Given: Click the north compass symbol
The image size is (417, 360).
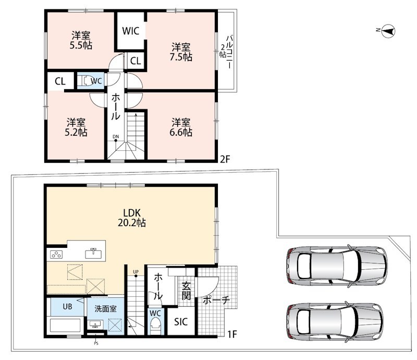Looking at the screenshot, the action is pyautogui.click(x=388, y=31).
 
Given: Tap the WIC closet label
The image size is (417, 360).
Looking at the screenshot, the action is pyautogui.click(x=131, y=31).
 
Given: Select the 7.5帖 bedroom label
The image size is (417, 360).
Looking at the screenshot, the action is pyautogui.click(x=181, y=52).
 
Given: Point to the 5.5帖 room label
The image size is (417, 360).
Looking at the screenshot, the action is pyautogui.click(x=81, y=41).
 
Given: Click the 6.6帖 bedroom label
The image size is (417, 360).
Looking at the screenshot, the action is pyautogui.click(x=181, y=127).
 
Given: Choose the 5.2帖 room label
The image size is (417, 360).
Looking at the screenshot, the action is pyautogui.click(x=76, y=127).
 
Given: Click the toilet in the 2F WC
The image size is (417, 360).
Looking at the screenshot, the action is pyautogui.click(x=85, y=81).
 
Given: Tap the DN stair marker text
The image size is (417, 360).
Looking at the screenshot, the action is pyautogui.click(x=115, y=137).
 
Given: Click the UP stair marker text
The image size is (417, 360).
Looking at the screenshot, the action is pyautogui.click(x=136, y=272).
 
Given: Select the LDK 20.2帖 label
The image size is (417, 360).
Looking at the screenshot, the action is pyautogui.click(x=132, y=218).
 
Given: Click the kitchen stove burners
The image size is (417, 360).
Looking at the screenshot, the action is pyautogui.click(x=56, y=255).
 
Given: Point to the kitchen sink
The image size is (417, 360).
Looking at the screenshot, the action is pyautogui.click(x=93, y=253).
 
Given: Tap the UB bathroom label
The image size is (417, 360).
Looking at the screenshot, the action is pyautogui.click(x=68, y=306).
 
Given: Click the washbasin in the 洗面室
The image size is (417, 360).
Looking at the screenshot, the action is pyautogui.click(x=95, y=325).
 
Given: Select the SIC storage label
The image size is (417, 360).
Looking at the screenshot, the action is pyautogui.click(x=181, y=322).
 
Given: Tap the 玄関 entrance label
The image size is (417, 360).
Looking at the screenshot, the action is pyautogui.click(x=186, y=291).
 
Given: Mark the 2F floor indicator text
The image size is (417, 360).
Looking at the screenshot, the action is pyautogui.click(x=225, y=159).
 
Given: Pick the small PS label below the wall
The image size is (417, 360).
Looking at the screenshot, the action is pyautogui.click(x=96, y=343).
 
